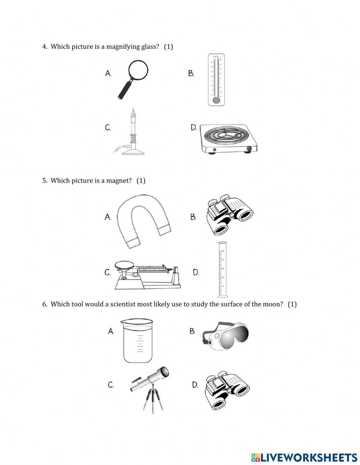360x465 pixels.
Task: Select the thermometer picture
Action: [216, 80]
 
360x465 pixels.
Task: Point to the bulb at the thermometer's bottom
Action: [216, 100]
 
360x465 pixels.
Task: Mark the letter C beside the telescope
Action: [111, 385]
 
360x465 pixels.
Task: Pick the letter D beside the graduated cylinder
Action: [196, 273]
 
